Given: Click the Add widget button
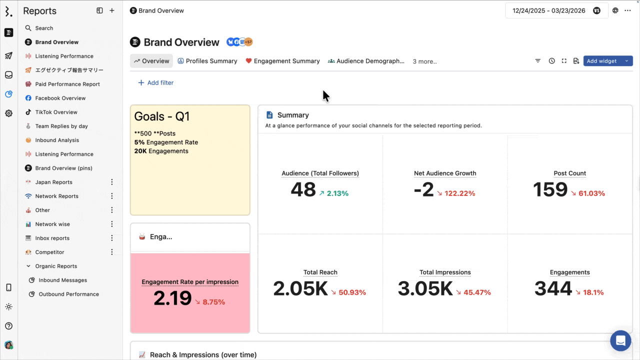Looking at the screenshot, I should (602, 61).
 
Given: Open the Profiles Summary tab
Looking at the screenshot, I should (207, 61).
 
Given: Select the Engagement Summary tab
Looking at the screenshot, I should (282, 61).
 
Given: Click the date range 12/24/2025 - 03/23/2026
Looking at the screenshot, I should (548, 10).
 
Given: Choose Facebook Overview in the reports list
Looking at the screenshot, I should (60, 98).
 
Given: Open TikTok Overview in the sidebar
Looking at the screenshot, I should (56, 112).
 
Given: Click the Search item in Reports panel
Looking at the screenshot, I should (44, 28).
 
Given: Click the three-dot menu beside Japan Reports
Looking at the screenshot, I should (112, 182).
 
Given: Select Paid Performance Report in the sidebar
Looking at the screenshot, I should (67, 84).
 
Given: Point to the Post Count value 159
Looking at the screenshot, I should (550, 190).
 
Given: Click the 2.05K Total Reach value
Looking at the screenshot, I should (300, 289).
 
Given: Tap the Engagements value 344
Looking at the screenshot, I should (553, 289).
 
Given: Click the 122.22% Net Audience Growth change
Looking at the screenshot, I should (455, 193).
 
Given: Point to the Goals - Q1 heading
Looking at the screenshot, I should (162, 116).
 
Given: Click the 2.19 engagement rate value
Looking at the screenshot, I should (172, 298).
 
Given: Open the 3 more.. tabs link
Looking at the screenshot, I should (424, 61).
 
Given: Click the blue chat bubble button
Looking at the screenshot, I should (620, 340).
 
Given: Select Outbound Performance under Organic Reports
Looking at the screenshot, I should (68, 294).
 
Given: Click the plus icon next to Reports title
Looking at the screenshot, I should (112, 10).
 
